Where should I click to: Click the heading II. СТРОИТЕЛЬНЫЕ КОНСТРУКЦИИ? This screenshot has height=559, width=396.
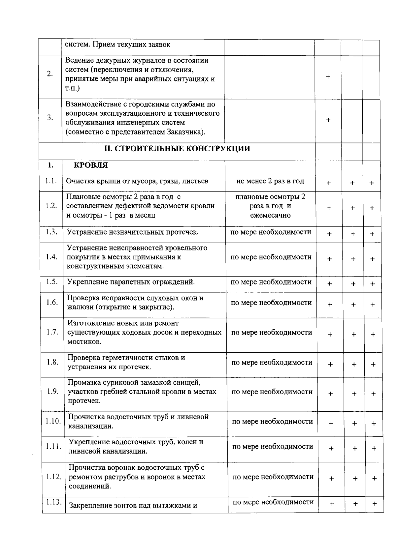click(x=177, y=149)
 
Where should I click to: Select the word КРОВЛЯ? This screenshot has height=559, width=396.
click(x=90, y=165)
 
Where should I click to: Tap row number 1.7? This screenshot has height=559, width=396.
click(x=52, y=332)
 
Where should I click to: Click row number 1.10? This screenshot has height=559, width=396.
click(x=53, y=421)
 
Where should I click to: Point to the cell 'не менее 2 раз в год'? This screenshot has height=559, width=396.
click(x=270, y=181)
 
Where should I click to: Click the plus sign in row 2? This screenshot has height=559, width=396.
click(x=328, y=77)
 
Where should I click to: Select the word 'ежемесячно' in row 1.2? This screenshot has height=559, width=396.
click(x=270, y=215)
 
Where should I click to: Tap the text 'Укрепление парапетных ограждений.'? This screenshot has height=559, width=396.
click(x=131, y=282)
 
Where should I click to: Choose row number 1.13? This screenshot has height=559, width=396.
click(x=54, y=502)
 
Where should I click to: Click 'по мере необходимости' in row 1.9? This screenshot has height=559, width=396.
click(x=272, y=392)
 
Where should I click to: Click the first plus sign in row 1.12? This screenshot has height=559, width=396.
click(x=332, y=479)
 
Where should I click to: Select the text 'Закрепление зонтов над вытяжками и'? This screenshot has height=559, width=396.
click(x=133, y=505)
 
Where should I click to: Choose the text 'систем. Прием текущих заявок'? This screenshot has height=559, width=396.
click(x=117, y=44)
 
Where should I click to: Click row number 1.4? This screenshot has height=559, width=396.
click(x=52, y=257)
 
